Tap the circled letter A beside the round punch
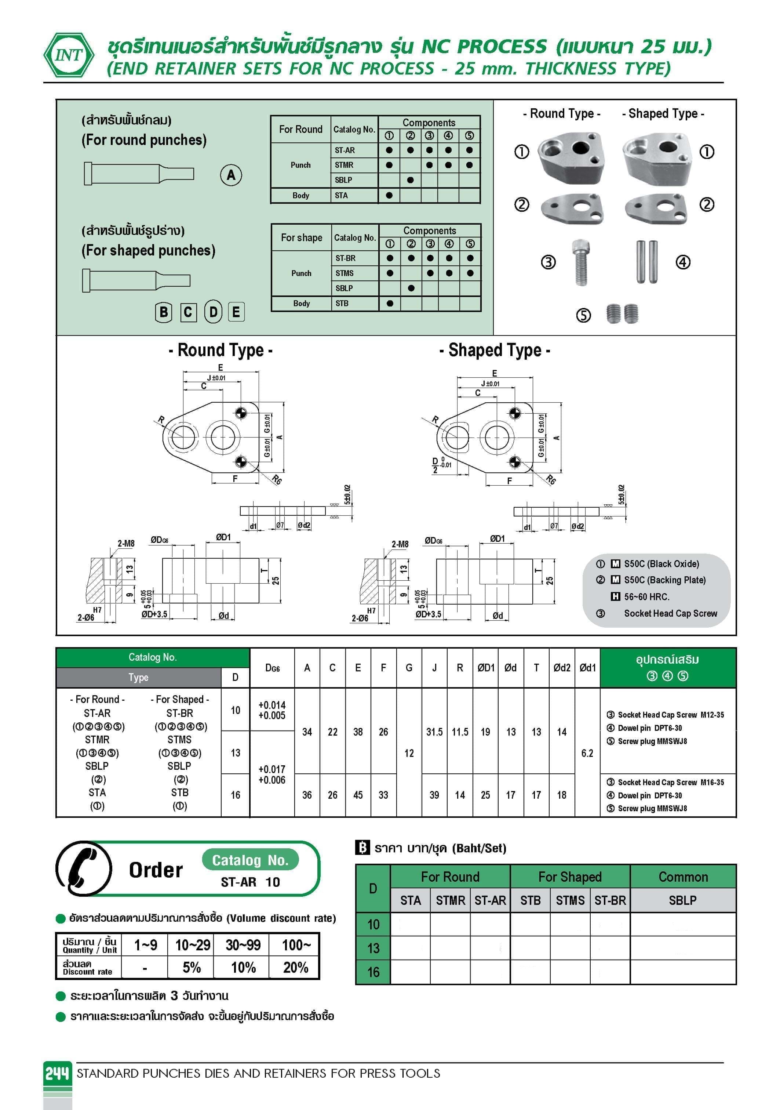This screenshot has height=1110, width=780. coord(231,175)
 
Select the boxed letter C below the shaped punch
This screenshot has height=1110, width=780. coord(188,312)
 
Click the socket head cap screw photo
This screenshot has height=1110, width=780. coord(580,262)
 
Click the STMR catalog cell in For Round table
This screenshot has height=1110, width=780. coord(344,165)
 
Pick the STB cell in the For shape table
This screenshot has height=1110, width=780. coord(342,304)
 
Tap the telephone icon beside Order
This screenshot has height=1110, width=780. coord(84,869)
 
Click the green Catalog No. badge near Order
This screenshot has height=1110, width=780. coord(250,860)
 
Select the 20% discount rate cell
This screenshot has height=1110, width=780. coord(295,967)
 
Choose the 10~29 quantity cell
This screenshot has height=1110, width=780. coord(192,945)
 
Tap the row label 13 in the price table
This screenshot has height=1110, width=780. coord(373,948)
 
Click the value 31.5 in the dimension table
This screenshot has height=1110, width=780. coord(434,732)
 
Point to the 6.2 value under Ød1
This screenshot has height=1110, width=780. coord(587,753)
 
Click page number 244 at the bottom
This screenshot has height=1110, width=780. coord(58,1074)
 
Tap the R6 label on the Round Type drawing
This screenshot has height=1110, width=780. coord(276,480)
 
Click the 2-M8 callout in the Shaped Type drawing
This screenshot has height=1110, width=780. coord(400,544)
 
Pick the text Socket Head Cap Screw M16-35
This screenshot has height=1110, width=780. coord(671,782)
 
